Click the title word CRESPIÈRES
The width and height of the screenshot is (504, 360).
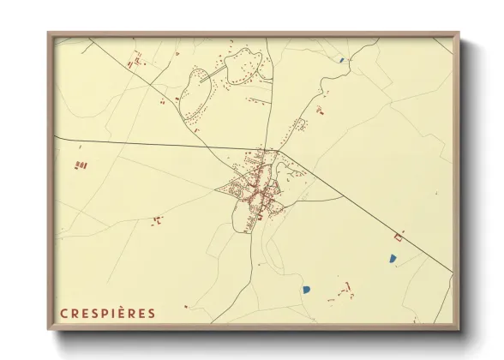tap(108, 313)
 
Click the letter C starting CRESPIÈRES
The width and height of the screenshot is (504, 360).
tap(63, 313)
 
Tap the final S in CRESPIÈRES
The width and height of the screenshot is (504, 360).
tap(153, 313)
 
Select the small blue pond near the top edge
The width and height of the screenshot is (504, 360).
tap(340, 60)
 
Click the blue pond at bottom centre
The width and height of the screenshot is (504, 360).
tap(305, 290)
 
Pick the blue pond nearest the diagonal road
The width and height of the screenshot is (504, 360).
tap(392, 257)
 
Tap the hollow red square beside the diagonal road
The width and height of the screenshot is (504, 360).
tap(397, 234)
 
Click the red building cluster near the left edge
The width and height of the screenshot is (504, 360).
tap(81, 163)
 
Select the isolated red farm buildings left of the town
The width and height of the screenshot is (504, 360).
tap(157, 220)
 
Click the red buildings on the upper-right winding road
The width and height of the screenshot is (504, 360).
tap(319, 110)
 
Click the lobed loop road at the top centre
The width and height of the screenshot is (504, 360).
tap(243, 66)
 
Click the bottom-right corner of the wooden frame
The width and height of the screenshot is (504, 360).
tap(458, 328)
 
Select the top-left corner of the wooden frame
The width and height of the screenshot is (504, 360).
tap(49, 34)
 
